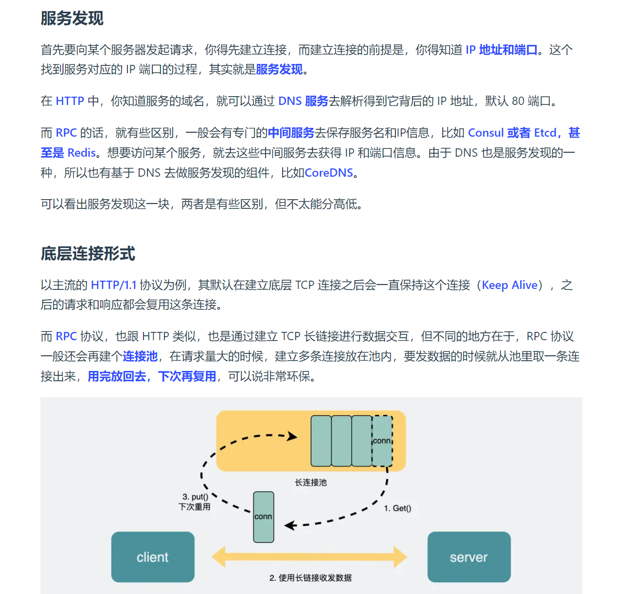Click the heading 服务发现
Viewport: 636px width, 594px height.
72,19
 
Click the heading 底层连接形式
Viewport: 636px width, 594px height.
88,254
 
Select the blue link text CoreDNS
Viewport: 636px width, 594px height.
328,173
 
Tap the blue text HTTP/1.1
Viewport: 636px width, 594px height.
114,285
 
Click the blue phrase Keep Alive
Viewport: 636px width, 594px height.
510,285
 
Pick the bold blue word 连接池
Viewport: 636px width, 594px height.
140,356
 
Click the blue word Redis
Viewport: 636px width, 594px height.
82,153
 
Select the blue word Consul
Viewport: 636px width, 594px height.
486,133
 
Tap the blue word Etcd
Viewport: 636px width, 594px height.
545,133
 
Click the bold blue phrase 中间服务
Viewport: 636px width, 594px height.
291,133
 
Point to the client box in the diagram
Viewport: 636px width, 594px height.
153,557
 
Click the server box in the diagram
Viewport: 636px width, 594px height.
469,557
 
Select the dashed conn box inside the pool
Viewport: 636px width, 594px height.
382,441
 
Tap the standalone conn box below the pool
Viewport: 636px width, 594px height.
264,517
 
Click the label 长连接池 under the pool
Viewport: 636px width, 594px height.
310,482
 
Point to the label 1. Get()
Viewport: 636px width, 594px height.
397,508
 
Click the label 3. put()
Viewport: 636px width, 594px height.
195,497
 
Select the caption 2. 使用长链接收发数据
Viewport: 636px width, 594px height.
310,578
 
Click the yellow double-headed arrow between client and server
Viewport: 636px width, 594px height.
309,557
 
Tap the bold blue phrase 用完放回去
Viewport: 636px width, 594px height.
117,376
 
